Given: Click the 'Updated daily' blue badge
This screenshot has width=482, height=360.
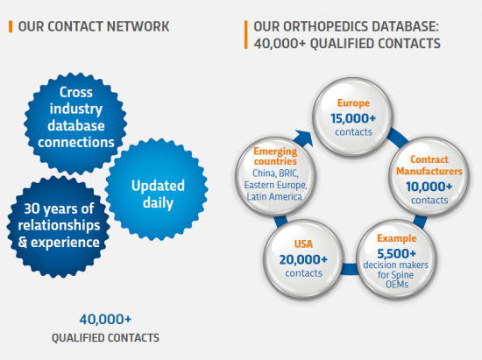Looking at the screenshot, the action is pos(157,189).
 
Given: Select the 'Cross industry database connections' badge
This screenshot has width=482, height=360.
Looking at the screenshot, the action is pos(75,124).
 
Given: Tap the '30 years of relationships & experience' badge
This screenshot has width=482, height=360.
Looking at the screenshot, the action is pos(59,227).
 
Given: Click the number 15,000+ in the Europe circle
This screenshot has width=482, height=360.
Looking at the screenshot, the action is pos(353,118).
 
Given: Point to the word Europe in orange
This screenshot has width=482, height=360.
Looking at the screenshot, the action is pos(353,103).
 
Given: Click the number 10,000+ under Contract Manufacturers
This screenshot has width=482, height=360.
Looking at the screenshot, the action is pos(429,187).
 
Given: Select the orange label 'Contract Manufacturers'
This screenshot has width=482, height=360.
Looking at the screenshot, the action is pos(429,166).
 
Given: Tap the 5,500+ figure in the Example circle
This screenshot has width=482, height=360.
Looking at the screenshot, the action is pos(396,254).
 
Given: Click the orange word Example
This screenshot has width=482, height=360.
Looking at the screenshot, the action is pos(397,238).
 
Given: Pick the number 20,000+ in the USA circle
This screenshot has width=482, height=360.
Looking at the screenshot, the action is pos(303,259).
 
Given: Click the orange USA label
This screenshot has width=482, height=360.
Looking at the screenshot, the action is pos(303,244).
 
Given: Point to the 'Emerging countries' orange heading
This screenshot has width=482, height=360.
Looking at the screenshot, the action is pos(275,156).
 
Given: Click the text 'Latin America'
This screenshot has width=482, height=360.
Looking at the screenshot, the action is pos(274,196).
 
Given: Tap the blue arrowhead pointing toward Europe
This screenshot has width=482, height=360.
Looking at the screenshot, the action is pos(304,138).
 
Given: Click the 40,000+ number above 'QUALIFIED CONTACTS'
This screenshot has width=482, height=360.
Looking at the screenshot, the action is pos(105,320).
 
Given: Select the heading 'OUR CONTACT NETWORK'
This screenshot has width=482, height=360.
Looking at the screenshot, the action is pos(94,26).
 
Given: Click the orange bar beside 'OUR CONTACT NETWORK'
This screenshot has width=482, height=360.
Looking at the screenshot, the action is pos(11,26).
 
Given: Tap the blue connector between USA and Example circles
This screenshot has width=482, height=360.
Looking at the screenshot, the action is pos(350,269).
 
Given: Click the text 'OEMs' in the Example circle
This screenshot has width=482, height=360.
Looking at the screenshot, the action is pos(397,285).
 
